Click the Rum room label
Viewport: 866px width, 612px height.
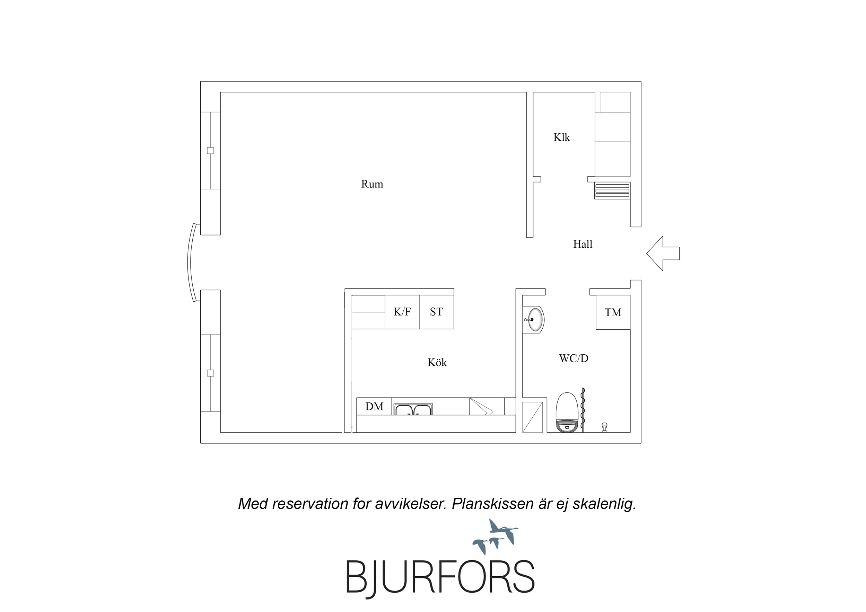point(372,184)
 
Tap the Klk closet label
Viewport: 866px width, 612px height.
point(562,137)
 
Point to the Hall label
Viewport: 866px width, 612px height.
point(583,244)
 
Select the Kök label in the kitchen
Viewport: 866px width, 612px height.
point(437,362)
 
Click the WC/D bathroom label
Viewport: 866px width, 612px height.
point(574,358)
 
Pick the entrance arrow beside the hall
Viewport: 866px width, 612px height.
point(663,254)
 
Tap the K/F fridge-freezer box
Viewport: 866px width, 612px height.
point(402,312)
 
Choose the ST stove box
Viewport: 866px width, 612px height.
point(436,312)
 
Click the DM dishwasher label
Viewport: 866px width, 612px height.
point(374,407)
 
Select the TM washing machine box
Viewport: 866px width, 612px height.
point(613,312)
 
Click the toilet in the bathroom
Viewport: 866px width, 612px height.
point(567,412)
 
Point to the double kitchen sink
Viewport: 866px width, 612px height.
point(413,409)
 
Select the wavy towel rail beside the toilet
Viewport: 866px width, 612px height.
point(583,410)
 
